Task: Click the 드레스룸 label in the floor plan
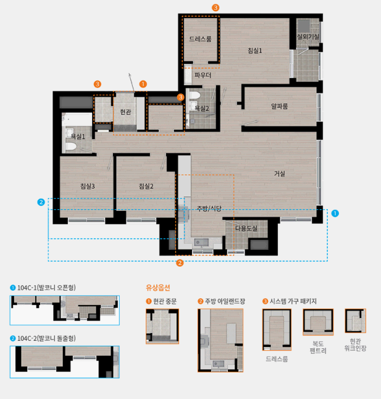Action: tap(200, 39)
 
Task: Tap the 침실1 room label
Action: tap(255, 51)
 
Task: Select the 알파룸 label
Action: tap(279, 106)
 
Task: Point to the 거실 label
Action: tap(279, 174)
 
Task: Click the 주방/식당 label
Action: tap(209, 208)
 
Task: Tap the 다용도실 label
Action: tap(246, 228)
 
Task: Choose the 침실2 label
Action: tap(146, 186)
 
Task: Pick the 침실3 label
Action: tap(88, 186)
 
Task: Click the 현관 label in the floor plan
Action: tap(125, 112)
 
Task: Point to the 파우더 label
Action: tap(203, 75)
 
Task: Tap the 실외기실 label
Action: tap(308, 36)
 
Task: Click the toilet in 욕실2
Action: tap(195, 95)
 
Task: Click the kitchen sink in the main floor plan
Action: tap(201, 242)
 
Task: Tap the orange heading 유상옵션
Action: tap(157, 288)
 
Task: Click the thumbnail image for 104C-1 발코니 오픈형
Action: tap(64, 310)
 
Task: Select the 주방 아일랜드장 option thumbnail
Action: tap(220, 340)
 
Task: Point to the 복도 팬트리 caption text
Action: tap(318, 347)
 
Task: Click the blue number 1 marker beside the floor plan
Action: tap(335, 213)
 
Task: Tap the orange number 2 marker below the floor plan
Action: tap(180, 263)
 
